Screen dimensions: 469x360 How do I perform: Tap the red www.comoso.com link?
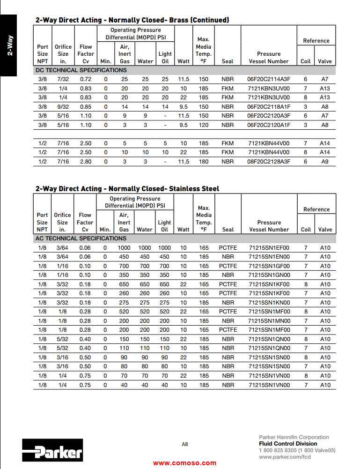(x=184, y=463)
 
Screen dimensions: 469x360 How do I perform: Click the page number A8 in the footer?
(x=184, y=444)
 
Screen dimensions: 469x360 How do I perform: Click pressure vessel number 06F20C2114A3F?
(x=269, y=79)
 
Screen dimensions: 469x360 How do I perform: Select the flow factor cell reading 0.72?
(x=85, y=79)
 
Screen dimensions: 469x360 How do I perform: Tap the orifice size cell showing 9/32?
(x=63, y=106)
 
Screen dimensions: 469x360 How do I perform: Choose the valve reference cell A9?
(x=325, y=162)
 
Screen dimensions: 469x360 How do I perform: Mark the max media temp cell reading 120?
(x=203, y=125)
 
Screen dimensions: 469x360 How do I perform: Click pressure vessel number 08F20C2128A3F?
(x=269, y=162)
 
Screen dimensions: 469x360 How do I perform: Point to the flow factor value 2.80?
(x=85, y=162)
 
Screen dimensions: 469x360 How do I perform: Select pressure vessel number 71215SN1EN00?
(x=269, y=257)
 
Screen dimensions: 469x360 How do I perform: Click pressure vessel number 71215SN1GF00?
(x=269, y=266)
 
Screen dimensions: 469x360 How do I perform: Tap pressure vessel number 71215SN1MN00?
(x=269, y=321)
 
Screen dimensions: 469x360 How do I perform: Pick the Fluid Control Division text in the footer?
(x=288, y=444)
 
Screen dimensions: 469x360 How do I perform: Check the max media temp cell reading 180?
(x=203, y=162)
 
